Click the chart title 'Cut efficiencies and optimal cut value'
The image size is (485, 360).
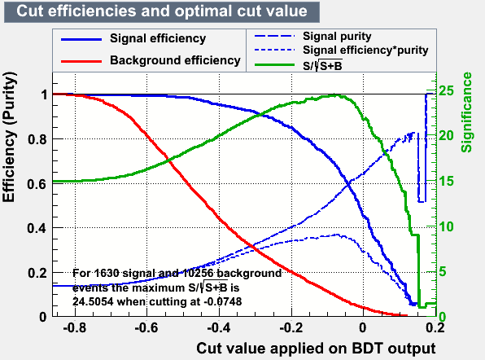tap(162, 11)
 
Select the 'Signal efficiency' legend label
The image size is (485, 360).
tap(158, 39)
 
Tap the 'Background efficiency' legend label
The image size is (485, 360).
tap(175, 60)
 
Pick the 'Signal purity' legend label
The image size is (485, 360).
tap(337, 37)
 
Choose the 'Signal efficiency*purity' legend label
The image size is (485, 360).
tap(365, 50)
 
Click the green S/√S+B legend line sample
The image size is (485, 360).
tap(275, 64)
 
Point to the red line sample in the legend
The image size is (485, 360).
tap(81, 61)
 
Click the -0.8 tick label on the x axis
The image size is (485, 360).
tap(75, 327)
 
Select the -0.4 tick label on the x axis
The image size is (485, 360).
tap(219, 327)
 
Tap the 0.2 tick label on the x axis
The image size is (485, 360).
tap(435, 327)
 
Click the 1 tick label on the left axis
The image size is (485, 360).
tap(44, 94)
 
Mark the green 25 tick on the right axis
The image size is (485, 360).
tap(446, 90)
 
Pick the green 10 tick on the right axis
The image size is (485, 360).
tap(446, 227)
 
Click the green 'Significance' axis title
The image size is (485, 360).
tap(467, 112)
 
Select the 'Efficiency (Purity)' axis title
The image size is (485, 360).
tap(9, 137)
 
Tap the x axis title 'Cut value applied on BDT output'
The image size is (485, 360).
tap(316, 349)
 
